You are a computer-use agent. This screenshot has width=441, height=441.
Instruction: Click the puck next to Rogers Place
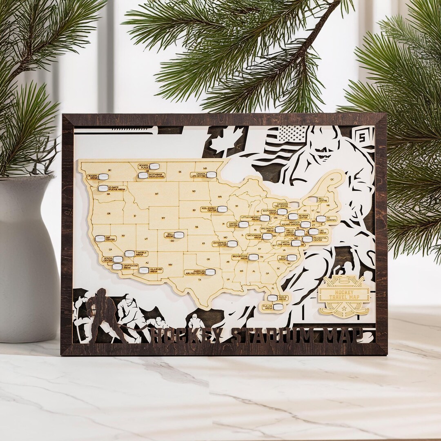coord(154,166)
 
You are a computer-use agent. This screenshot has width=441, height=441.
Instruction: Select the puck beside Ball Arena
coord(179,235)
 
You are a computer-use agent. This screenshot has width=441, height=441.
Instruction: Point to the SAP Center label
coord(110,238)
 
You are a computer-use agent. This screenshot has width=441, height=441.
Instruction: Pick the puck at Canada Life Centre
coord(211,175)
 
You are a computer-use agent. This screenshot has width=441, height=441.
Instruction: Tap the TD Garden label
coord(331,219)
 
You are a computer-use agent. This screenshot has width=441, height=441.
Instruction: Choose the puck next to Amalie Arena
coord(272,298)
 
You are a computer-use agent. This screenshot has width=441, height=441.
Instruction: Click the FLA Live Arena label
coord(268,307)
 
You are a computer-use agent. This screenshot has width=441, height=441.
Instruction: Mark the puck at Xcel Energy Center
coord(222,209)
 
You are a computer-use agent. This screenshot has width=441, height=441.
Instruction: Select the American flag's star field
coord(292,134)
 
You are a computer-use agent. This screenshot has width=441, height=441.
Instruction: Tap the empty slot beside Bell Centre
coord(312,200)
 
